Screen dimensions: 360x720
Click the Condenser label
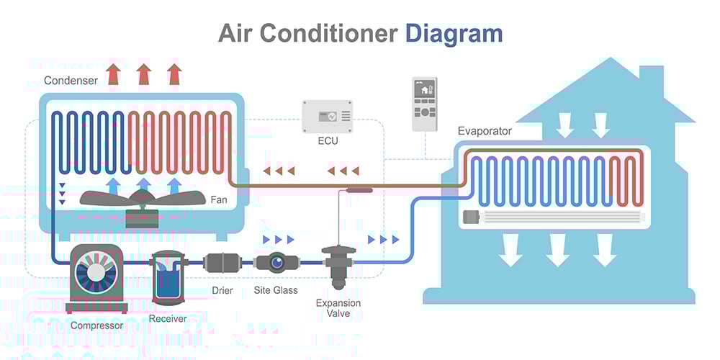point(71,81)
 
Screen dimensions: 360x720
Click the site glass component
point(274,263)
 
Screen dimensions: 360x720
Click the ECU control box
point(327,115)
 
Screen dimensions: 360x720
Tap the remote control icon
point(424,104)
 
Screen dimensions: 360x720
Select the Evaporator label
point(485,131)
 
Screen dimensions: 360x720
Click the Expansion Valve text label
point(338,308)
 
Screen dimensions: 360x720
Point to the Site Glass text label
point(275,291)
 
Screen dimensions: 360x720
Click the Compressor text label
point(96,325)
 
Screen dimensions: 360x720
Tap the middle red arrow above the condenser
point(143,74)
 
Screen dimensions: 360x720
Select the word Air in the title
point(235,34)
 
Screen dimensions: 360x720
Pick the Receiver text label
point(167,318)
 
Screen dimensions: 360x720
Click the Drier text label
point(222,291)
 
